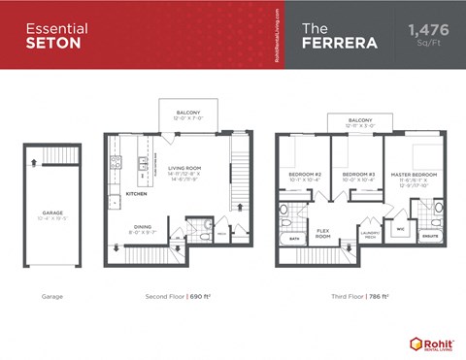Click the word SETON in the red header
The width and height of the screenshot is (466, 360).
coord(46,44)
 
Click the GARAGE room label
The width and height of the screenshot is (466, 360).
coord(52,213)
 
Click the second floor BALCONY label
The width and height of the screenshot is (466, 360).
coord(187,112)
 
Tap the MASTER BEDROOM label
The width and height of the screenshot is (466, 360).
coord(415,175)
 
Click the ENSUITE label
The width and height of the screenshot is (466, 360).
coord(429,236)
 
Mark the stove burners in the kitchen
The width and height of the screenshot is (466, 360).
coord(143,162)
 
